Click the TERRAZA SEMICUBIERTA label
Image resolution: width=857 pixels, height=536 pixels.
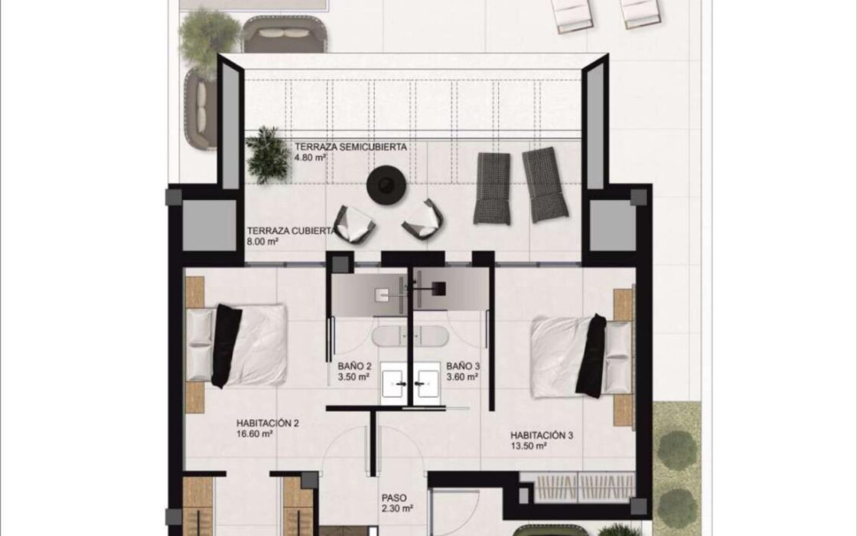(x=350, y=147)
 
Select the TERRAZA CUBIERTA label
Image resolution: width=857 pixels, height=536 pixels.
(x=291, y=230)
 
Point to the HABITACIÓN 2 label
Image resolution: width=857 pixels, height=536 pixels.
(x=268, y=423)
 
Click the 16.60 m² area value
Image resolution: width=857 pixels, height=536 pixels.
(x=255, y=434)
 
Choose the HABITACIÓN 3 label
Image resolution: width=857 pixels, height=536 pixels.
(x=542, y=436)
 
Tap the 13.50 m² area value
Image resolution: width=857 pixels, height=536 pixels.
(x=529, y=446)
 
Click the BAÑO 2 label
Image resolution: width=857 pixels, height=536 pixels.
(x=355, y=367)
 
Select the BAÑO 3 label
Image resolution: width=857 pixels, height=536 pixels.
(x=463, y=367)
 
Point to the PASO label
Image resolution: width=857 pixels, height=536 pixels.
(x=394, y=498)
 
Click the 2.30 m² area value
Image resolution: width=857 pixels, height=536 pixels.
(x=397, y=509)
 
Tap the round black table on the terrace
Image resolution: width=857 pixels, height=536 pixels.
(x=386, y=185)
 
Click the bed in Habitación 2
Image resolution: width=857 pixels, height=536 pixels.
(x=236, y=345)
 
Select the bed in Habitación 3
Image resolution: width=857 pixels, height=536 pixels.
(x=582, y=355)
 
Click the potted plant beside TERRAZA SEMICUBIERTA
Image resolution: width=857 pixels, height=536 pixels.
(x=268, y=154)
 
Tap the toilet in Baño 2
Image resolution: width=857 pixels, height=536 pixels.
(x=389, y=336)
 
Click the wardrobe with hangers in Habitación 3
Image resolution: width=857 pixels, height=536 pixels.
(x=578, y=487)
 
